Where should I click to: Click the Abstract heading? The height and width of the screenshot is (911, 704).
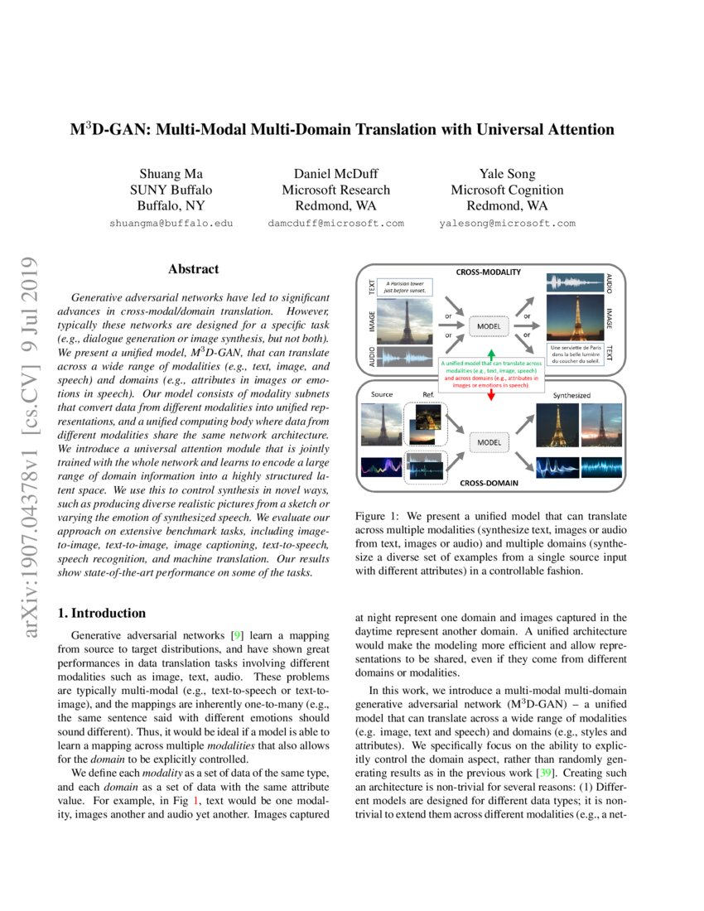coord(193,269)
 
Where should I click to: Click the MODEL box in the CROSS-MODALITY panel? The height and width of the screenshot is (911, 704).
coord(491,326)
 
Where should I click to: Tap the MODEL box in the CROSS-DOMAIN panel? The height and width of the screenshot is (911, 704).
coord(491,442)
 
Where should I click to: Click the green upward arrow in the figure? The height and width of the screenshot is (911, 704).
coord(490,357)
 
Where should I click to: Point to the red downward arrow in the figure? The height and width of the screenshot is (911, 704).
coord(490,395)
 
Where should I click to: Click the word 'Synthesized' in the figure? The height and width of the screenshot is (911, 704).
coord(571,396)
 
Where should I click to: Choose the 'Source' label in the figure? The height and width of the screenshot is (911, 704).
coord(383,394)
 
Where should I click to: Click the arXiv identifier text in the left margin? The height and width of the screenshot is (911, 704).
coord(31,447)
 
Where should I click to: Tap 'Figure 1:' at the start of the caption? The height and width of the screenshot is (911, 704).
coord(378,516)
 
